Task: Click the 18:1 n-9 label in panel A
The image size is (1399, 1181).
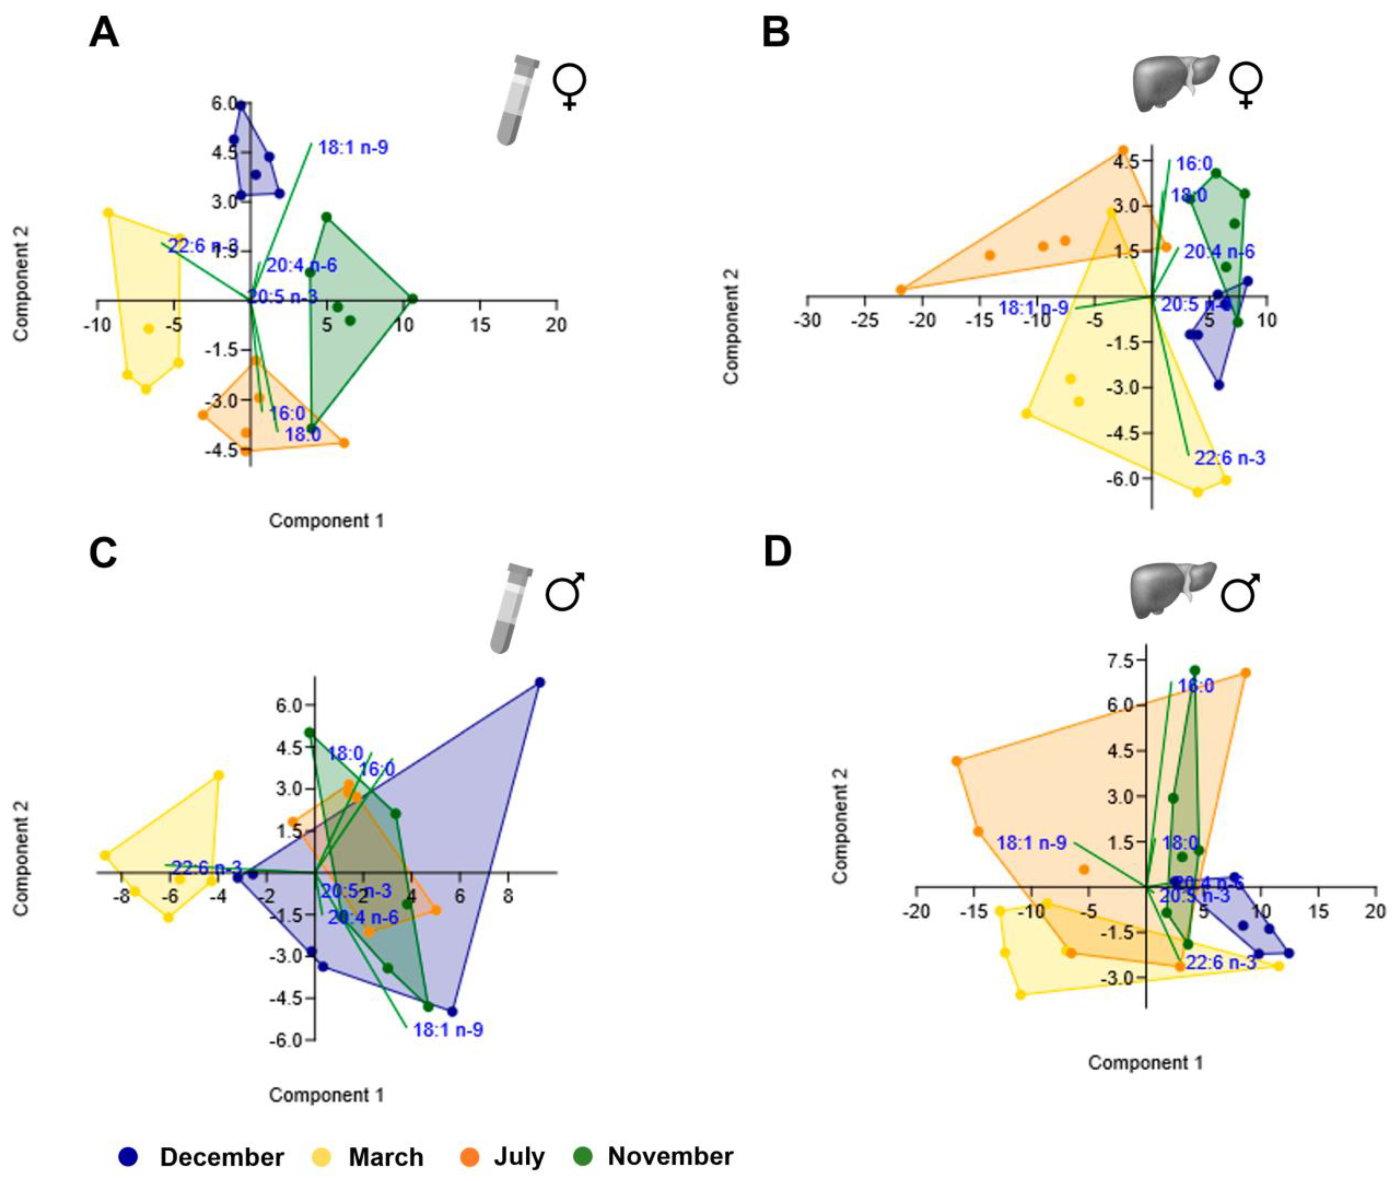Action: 353,147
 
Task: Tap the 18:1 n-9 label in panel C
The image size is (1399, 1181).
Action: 447,1029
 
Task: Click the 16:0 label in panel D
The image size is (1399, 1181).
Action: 1195,686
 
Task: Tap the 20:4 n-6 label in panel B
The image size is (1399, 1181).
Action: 1219,252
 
